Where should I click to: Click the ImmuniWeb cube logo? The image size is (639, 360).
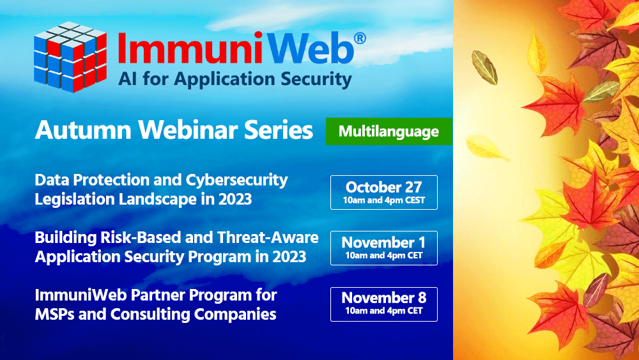[70, 57]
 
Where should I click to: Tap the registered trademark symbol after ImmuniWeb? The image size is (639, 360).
[359, 38]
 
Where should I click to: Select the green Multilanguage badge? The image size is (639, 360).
[389, 131]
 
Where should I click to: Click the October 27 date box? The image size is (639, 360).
[384, 192]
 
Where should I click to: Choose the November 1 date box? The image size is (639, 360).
[384, 248]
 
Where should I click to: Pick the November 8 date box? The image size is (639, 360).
[384, 304]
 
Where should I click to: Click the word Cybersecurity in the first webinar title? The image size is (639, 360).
[237, 180]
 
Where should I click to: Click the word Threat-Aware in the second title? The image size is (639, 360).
[268, 237]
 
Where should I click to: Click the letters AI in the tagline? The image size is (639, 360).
[128, 79]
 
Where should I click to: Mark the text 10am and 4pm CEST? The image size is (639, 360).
[384, 200]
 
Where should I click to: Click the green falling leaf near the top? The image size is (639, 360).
[485, 67]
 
